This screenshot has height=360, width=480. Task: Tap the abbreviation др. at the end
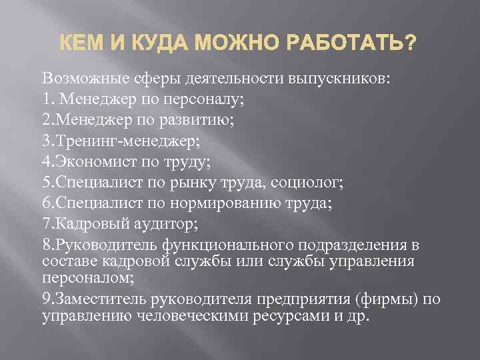tap(358, 315)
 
